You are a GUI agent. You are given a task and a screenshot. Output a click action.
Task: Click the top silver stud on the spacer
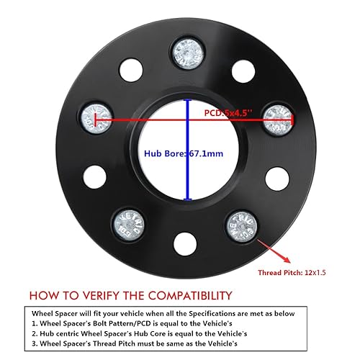[188, 54]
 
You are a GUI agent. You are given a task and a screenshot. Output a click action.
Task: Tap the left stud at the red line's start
[96, 119]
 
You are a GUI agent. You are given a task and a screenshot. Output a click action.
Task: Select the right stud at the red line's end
[278, 120]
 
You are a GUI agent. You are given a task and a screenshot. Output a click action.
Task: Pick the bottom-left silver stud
[129, 225]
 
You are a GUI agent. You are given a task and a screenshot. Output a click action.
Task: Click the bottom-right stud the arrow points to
[242, 227]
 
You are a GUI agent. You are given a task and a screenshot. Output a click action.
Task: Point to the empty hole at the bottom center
[185, 244]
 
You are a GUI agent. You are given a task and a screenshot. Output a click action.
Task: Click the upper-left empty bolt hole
[131, 71]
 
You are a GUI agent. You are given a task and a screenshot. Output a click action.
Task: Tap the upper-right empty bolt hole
[243, 71]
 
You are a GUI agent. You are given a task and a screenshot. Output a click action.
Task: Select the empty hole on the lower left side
[95, 177]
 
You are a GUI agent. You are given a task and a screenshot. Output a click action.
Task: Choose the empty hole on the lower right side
[277, 179]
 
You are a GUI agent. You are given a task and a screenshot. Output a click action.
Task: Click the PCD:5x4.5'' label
[228, 112]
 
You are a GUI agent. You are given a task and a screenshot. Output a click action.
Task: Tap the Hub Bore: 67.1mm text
[184, 153]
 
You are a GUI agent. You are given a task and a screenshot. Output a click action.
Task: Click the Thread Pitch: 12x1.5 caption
[292, 272]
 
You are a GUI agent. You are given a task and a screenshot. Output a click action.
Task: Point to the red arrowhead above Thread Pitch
[287, 259]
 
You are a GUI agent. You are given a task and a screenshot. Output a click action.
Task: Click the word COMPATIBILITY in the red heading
[190, 295]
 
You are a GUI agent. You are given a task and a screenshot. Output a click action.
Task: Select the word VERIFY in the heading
[102, 295]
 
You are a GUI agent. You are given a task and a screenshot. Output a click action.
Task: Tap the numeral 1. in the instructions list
[35, 323]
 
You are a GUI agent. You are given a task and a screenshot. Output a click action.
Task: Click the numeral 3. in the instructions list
[35, 343]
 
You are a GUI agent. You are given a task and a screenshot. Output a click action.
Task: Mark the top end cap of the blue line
[188, 100]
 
